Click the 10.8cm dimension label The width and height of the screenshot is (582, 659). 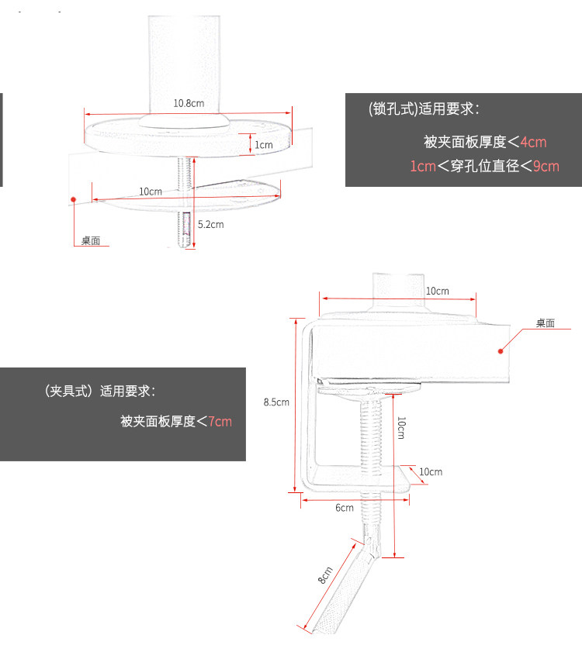(x=189, y=103)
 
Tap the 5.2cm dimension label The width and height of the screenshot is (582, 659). (x=210, y=224)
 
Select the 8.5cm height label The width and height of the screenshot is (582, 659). (x=275, y=402)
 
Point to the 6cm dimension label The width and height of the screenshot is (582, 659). (x=345, y=508)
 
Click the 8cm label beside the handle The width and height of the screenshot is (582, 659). (x=325, y=574)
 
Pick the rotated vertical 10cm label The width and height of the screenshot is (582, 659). (x=401, y=428)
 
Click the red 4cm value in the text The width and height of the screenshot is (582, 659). (x=533, y=142)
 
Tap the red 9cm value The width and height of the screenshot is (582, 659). (x=546, y=166)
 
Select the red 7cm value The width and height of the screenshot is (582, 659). (x=220, y=421)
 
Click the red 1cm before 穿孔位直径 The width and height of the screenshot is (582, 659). (x=423, y=166)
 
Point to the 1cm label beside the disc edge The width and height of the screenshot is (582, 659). (x=264, y=144)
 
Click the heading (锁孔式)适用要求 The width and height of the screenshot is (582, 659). (x=424, y=109)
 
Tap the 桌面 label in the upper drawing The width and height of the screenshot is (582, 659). (x=91, y=240)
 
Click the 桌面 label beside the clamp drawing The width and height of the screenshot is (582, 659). (x=546, y=323)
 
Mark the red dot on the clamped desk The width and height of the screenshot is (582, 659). (x=501, y=351)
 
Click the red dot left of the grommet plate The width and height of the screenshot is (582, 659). (x=73, y=199)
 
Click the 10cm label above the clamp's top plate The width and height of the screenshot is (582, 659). (x=437, y=291)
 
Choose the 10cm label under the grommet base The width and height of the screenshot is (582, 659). (x=151, y=191)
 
